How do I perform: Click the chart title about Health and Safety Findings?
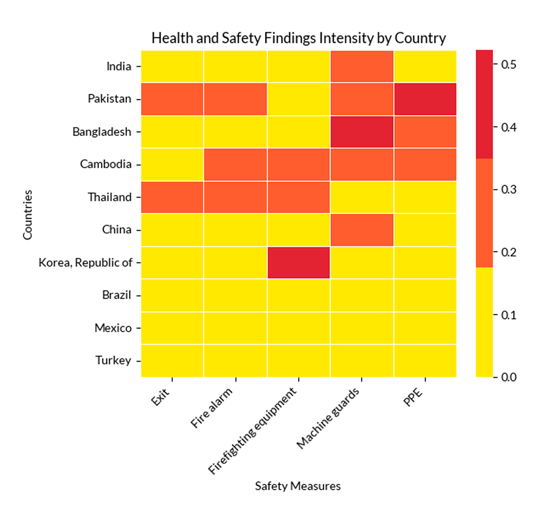[299, 38]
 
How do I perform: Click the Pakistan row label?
[110, 100]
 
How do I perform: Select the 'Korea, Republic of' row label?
[85, 263]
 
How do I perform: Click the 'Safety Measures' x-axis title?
[298, 486]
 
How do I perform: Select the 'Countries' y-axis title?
[28, 214]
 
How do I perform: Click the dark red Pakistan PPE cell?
[425, 99]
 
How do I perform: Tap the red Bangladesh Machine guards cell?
[362, 132]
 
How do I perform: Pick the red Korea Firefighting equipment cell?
[299, 263]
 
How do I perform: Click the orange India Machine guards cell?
[362, 67]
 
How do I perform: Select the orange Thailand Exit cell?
[172, 197]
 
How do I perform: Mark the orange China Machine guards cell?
[362, 230]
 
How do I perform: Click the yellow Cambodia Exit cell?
[172, 165]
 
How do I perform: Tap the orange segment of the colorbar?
[484, 213]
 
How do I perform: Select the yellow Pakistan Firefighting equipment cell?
[299, 99]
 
